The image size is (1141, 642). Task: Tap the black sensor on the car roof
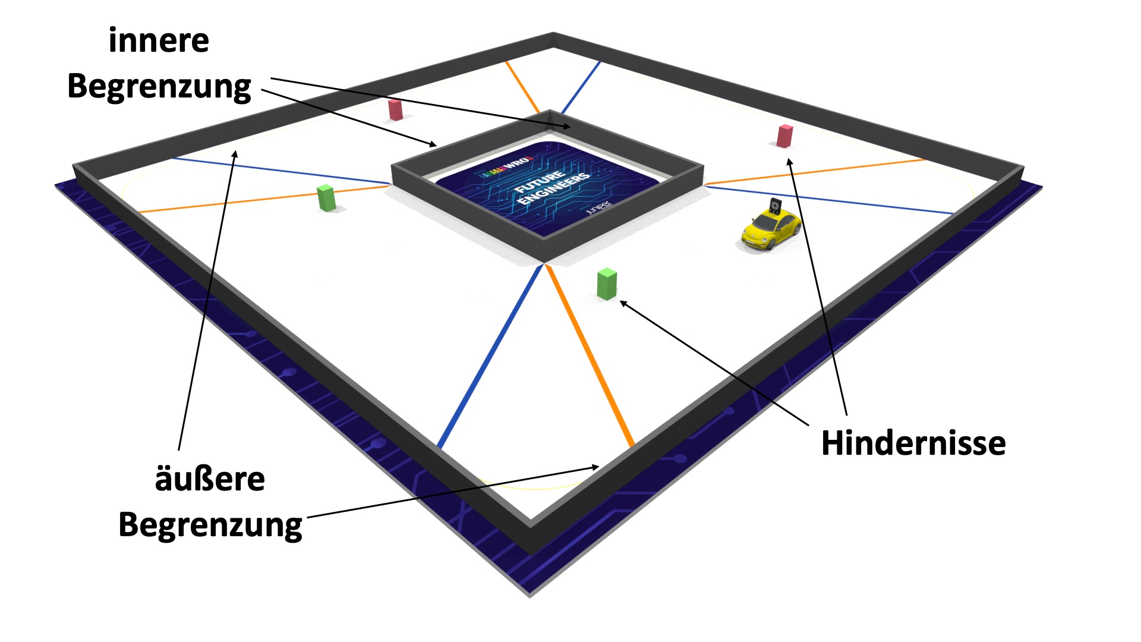pyautogui.click(x=774, y=206)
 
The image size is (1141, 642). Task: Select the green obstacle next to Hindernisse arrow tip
pyautogui.click(x=607, y=284)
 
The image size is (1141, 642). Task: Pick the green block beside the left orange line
pyautogui.click(x=326, y=198)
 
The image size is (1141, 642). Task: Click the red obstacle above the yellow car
pyautogui.click(x=784, y=136)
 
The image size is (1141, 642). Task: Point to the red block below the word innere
pyautogui.click(x=395, y=110)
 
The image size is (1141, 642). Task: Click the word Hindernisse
pyautogui.click(x=913, y=443)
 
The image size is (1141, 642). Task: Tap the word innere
pyautogui.click(x=159, y=41)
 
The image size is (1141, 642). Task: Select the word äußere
pyautogui.click(x=210, y=479)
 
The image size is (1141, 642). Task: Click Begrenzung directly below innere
pyautogui.click(x=159, y=87)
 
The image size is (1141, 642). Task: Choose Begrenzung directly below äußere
pyautogui.click(x=210, y=525)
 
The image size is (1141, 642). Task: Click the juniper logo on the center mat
pyautogui.click(x=597, y=208)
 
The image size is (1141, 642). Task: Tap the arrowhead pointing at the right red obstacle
pyautogui.click(x=790, y=162)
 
